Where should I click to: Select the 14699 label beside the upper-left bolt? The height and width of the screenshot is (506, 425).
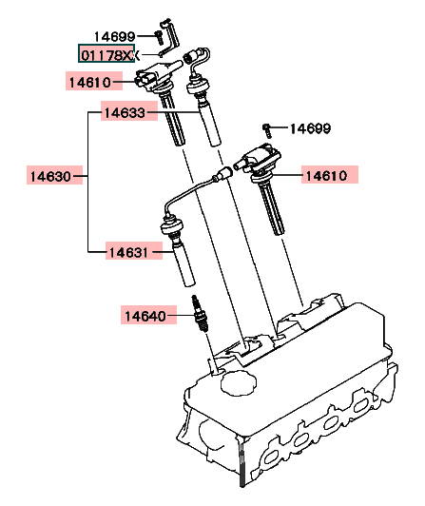[114, 37]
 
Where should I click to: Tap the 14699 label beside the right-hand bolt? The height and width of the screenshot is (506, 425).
[310, 128]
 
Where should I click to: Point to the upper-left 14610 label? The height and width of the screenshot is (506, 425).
[90, 83]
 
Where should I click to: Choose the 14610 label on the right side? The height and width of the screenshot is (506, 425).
[326, 176]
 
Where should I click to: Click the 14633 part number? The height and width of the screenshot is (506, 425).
[125, 113]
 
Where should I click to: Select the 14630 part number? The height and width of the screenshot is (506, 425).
[50, 177]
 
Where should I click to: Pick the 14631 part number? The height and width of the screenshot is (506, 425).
[128, 252]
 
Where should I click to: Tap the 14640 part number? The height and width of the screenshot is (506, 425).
[145, 316]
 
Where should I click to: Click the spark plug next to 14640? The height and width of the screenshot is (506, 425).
[201, 314]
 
